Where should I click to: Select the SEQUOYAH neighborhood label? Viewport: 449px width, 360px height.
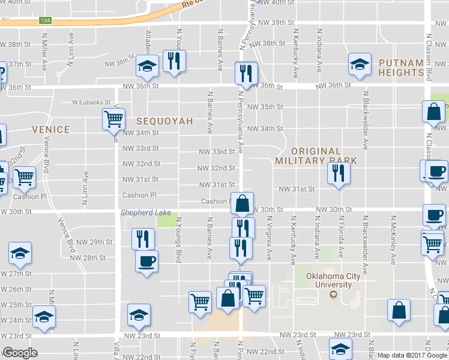pyautogui.click(x=164, y=121)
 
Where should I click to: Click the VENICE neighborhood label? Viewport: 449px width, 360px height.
pyautogui.click(x=51, y=129)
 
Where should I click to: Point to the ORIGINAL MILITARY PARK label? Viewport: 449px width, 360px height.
pyautogui.click(x=316, y=156)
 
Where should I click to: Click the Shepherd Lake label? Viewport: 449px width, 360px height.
pyautogui.click(x=146, y=212)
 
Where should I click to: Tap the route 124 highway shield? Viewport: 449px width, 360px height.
pyautogui.click(x=44, y=20)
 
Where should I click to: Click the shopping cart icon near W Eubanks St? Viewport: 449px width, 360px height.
pyautogui.click(x=113, y=118)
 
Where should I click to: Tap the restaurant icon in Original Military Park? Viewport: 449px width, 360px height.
pyautogui.click(x=338, y=173)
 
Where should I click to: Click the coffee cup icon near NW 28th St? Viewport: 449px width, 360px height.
pyautogui.click(x=146, y=261)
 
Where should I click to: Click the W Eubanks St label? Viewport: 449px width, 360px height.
pyautogui.click(x=92, y=102)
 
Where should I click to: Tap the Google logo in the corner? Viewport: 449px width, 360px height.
pyautogui.click(x=20, y=353)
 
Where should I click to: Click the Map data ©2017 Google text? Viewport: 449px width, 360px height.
pyautogui.click(x=412, y=355)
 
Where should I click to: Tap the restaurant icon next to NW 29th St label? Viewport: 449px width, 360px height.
pyautogui.click(x=143, y=238)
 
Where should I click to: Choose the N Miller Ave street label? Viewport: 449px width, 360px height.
pyautogui.click(x=44, y=52)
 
